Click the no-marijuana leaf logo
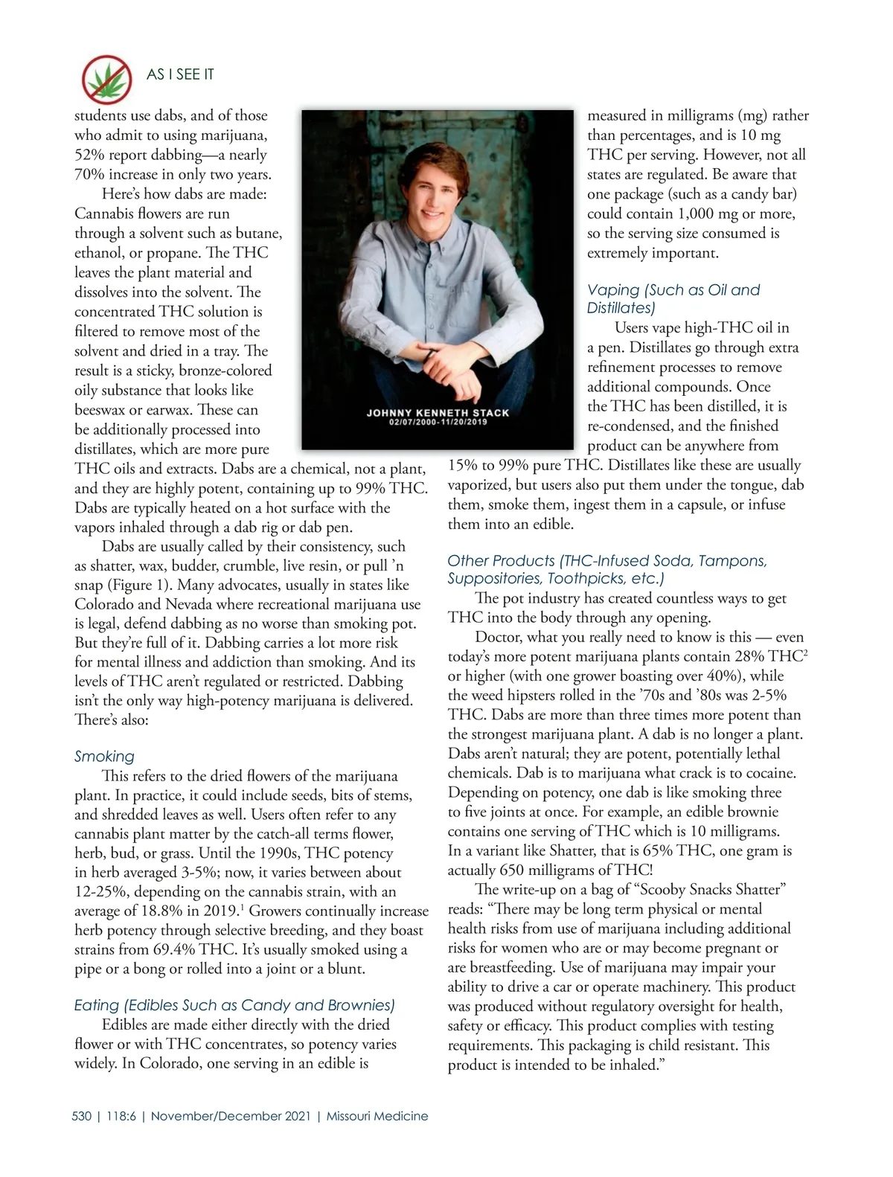click(x=106, y=78)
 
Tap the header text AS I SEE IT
click(x=180, y=74)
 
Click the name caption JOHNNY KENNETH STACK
click(x=438, y=412)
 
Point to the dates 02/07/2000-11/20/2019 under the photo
click(x=438, y=423)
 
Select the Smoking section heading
click(x=104, y=757)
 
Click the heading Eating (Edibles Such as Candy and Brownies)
click(x=234, y=1005)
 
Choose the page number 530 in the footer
click(x=82, y=1116)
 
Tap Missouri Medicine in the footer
click(x=377, y=1116)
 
